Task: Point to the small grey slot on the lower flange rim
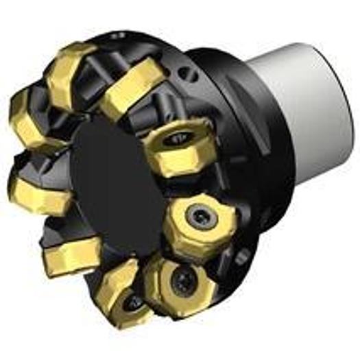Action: pos(241,259)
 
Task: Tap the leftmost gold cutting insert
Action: pos(27,123)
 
